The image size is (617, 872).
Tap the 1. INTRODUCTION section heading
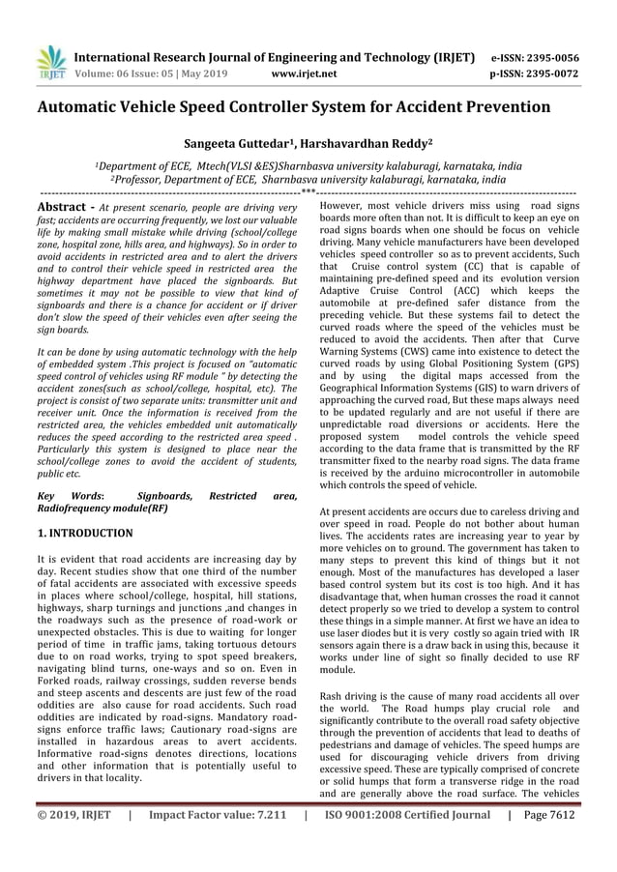pyautogui.click(x=85, y=533)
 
